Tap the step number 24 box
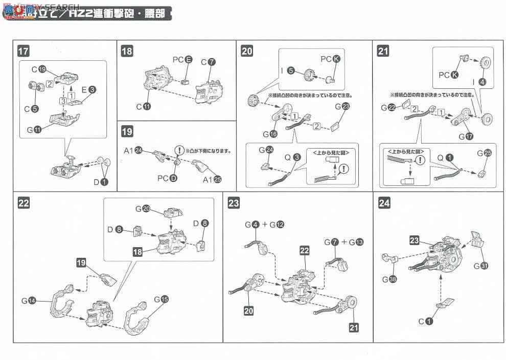[x=385, y=203]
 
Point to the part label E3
[x=88, y=89]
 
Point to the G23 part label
[x=342, y=106]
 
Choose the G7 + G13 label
[x=343, y=241]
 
